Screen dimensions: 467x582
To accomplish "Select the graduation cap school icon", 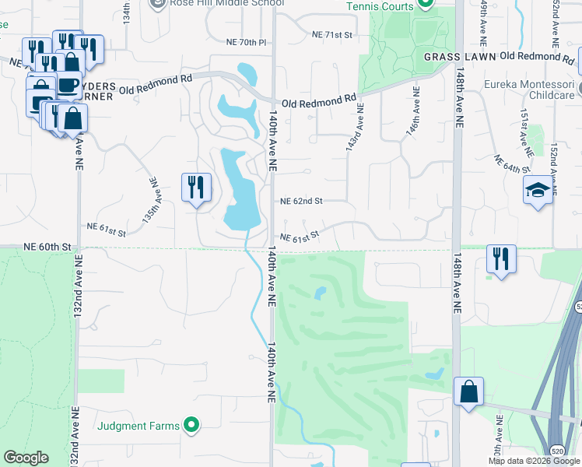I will point(538,191).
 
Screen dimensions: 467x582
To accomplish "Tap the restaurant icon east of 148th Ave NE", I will point(500,258).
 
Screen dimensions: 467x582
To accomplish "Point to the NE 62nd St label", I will point(300,201).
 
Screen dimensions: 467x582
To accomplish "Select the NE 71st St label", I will point(332,35).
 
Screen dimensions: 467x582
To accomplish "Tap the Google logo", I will point(26,458).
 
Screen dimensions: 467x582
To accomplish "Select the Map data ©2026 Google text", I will point(532,461).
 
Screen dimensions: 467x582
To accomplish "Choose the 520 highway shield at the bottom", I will point(557,451).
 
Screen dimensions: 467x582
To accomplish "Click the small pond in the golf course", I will point(319,293).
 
